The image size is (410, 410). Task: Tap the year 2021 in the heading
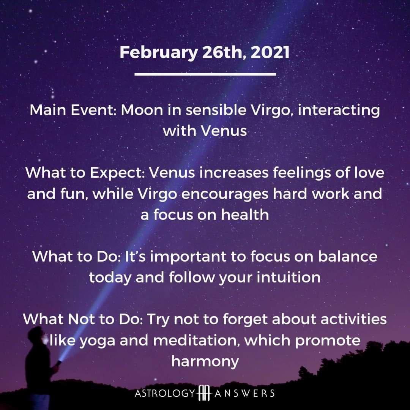pyautogui.click(x=270, y=52)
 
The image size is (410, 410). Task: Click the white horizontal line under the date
pyautogui.click(x=205, y=74)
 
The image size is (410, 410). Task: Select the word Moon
pyautogui.click(x=142, y=110)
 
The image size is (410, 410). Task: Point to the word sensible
pyautogui.click(x=216, y=110)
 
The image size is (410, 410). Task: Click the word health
pyautogui.click(x=245, y=214)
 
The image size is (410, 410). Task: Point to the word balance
pyautogui.click(x=347, y=257)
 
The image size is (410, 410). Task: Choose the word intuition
pyautogui.click(x=289, y=278)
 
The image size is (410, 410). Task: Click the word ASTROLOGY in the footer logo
pyautogui.click(x=165, y=393)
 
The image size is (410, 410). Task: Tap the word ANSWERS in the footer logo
pyautogui.click(x=244, y=393)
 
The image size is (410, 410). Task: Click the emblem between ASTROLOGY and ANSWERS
pyautogui.click(x=204, y=393)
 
